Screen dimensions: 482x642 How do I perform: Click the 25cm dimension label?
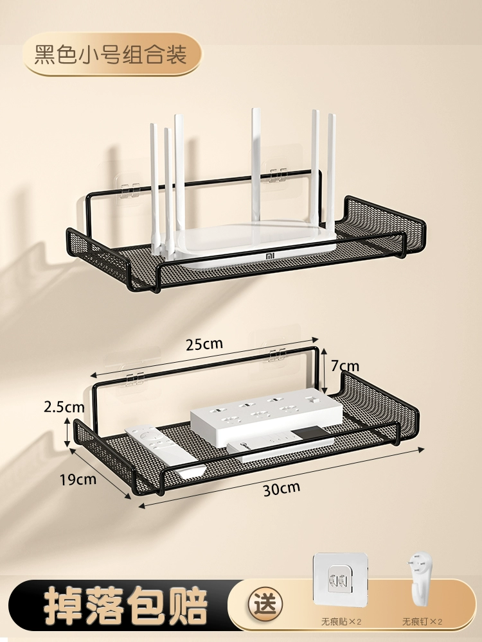[204, 343]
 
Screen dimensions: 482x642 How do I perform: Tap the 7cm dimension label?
[344, 366]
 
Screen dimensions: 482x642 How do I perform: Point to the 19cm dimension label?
[78, 480]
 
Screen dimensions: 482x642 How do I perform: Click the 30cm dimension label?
[281, 489]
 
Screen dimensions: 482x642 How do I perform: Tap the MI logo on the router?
[270, 256]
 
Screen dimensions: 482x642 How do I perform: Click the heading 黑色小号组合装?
[111, 55]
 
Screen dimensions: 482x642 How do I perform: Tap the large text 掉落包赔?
[126, 605]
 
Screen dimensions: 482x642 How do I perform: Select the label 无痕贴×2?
[341, 622]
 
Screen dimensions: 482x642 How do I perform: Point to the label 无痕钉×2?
[422, 622]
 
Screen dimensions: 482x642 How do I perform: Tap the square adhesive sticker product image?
[340, 579]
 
